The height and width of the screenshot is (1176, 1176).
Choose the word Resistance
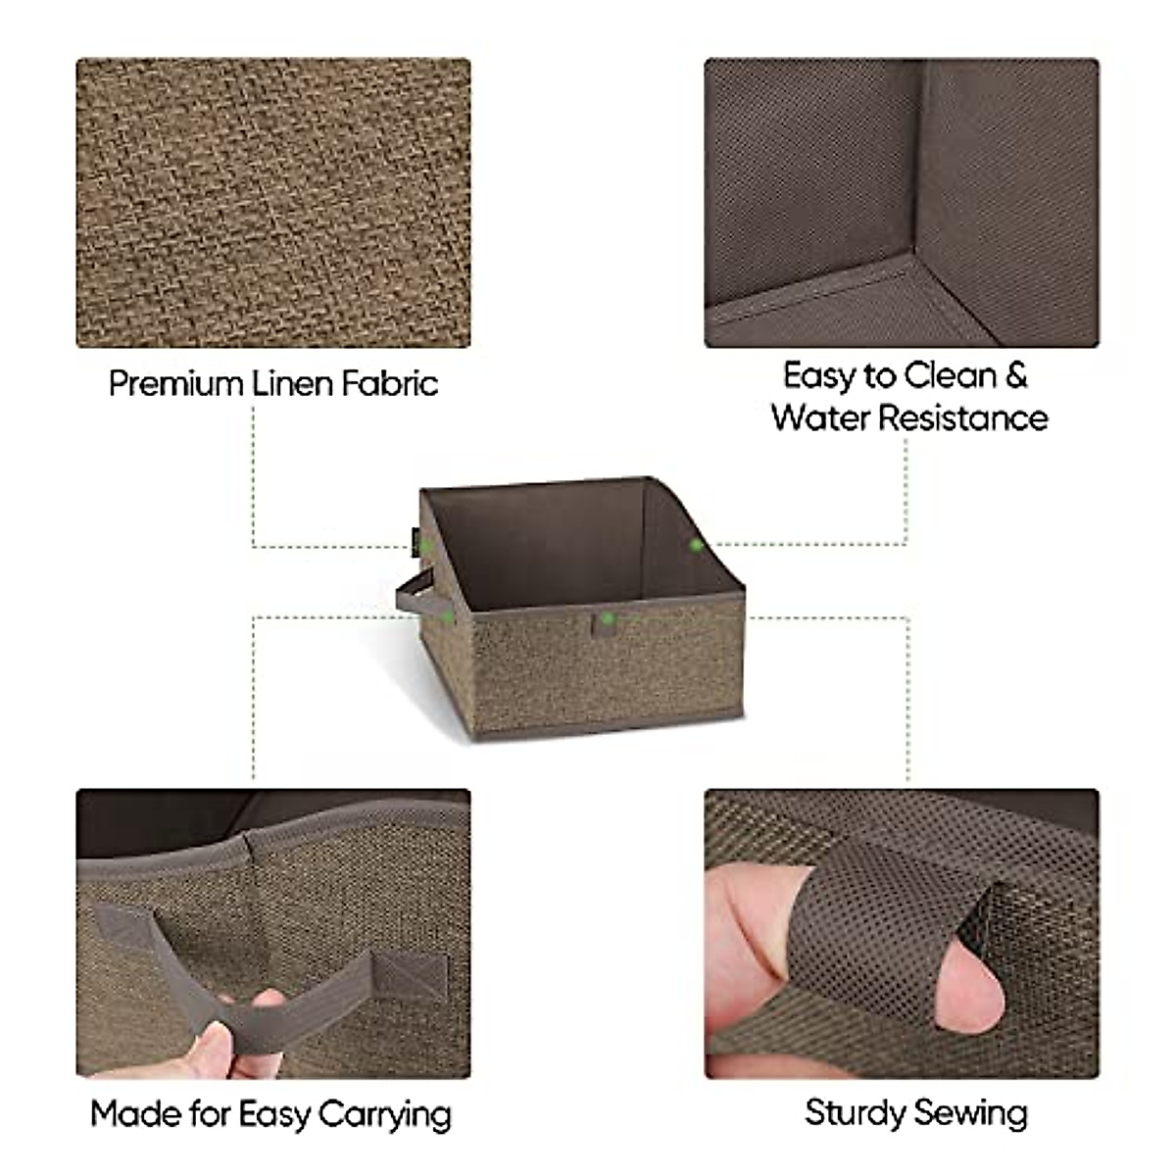pyautogui.click(x=962, y=417)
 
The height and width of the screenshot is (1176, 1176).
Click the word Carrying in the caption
pyautogui.click(x=384, y=1114)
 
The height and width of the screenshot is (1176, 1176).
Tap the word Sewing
pyautogui.click(x=971, y=1112)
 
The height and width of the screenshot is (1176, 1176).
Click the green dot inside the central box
pyautogui.click(x=696, y=544)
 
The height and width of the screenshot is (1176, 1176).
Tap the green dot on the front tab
pyautogui.click(x=608, y=618)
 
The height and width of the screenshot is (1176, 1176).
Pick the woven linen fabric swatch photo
pyautogui.click(x=273, y=203)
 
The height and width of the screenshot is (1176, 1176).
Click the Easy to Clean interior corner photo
pyautogui.click(x=902, y=203)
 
